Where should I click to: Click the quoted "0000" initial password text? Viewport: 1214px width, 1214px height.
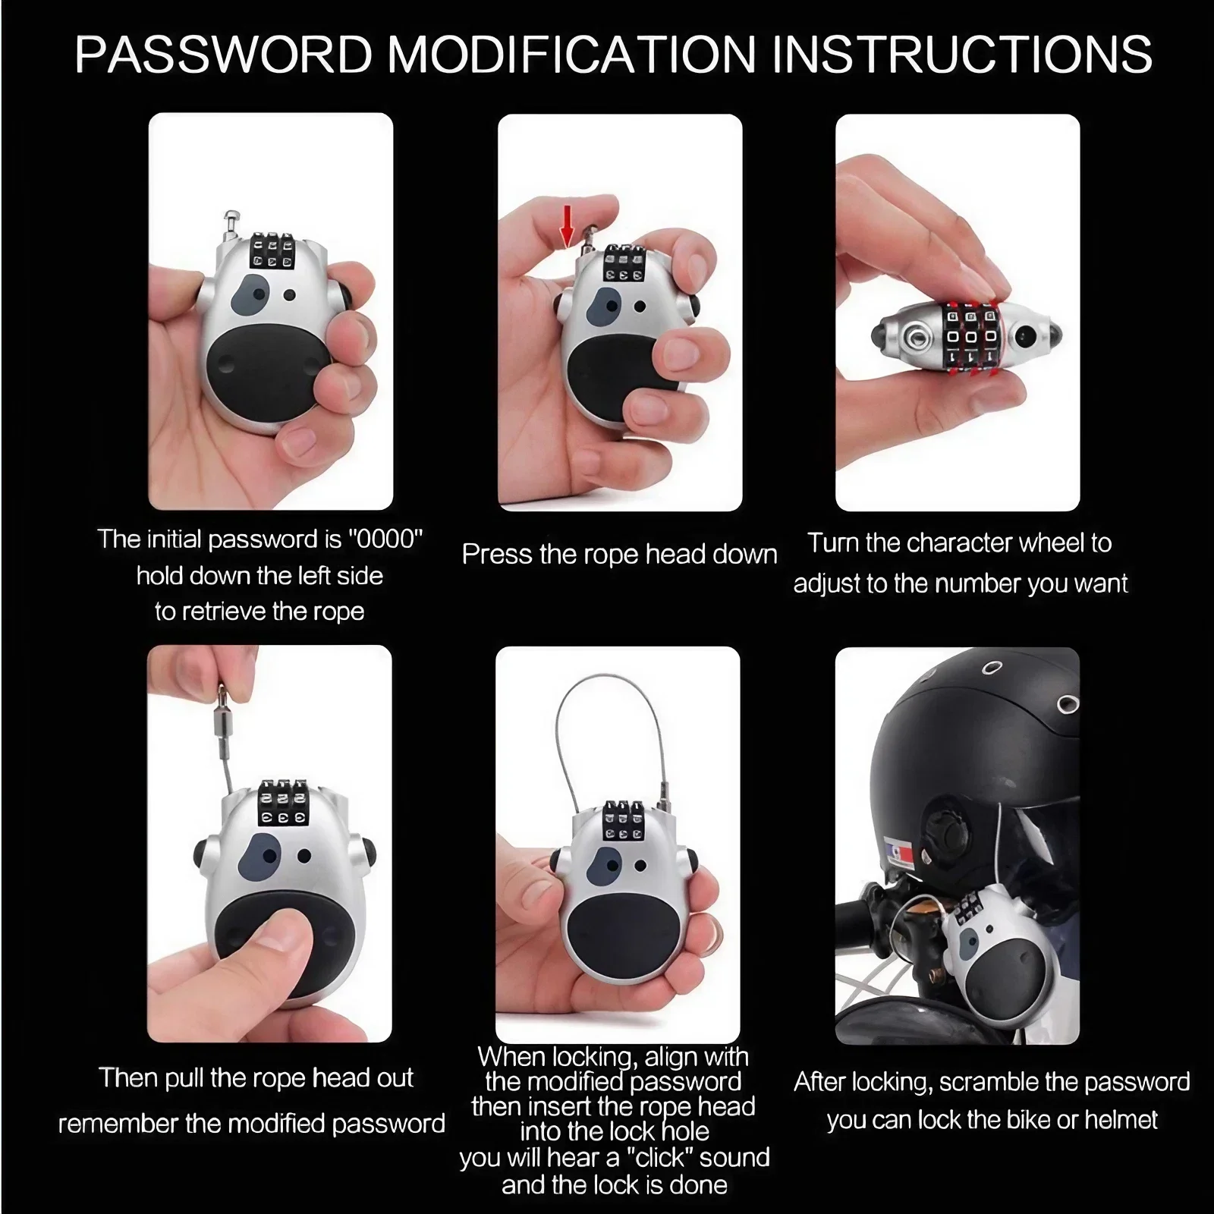[x=385, y=539]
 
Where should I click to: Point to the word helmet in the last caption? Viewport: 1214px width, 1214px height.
[x=1121, y=1119]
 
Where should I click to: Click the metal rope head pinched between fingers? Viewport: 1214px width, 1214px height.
[x=222, y=709]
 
